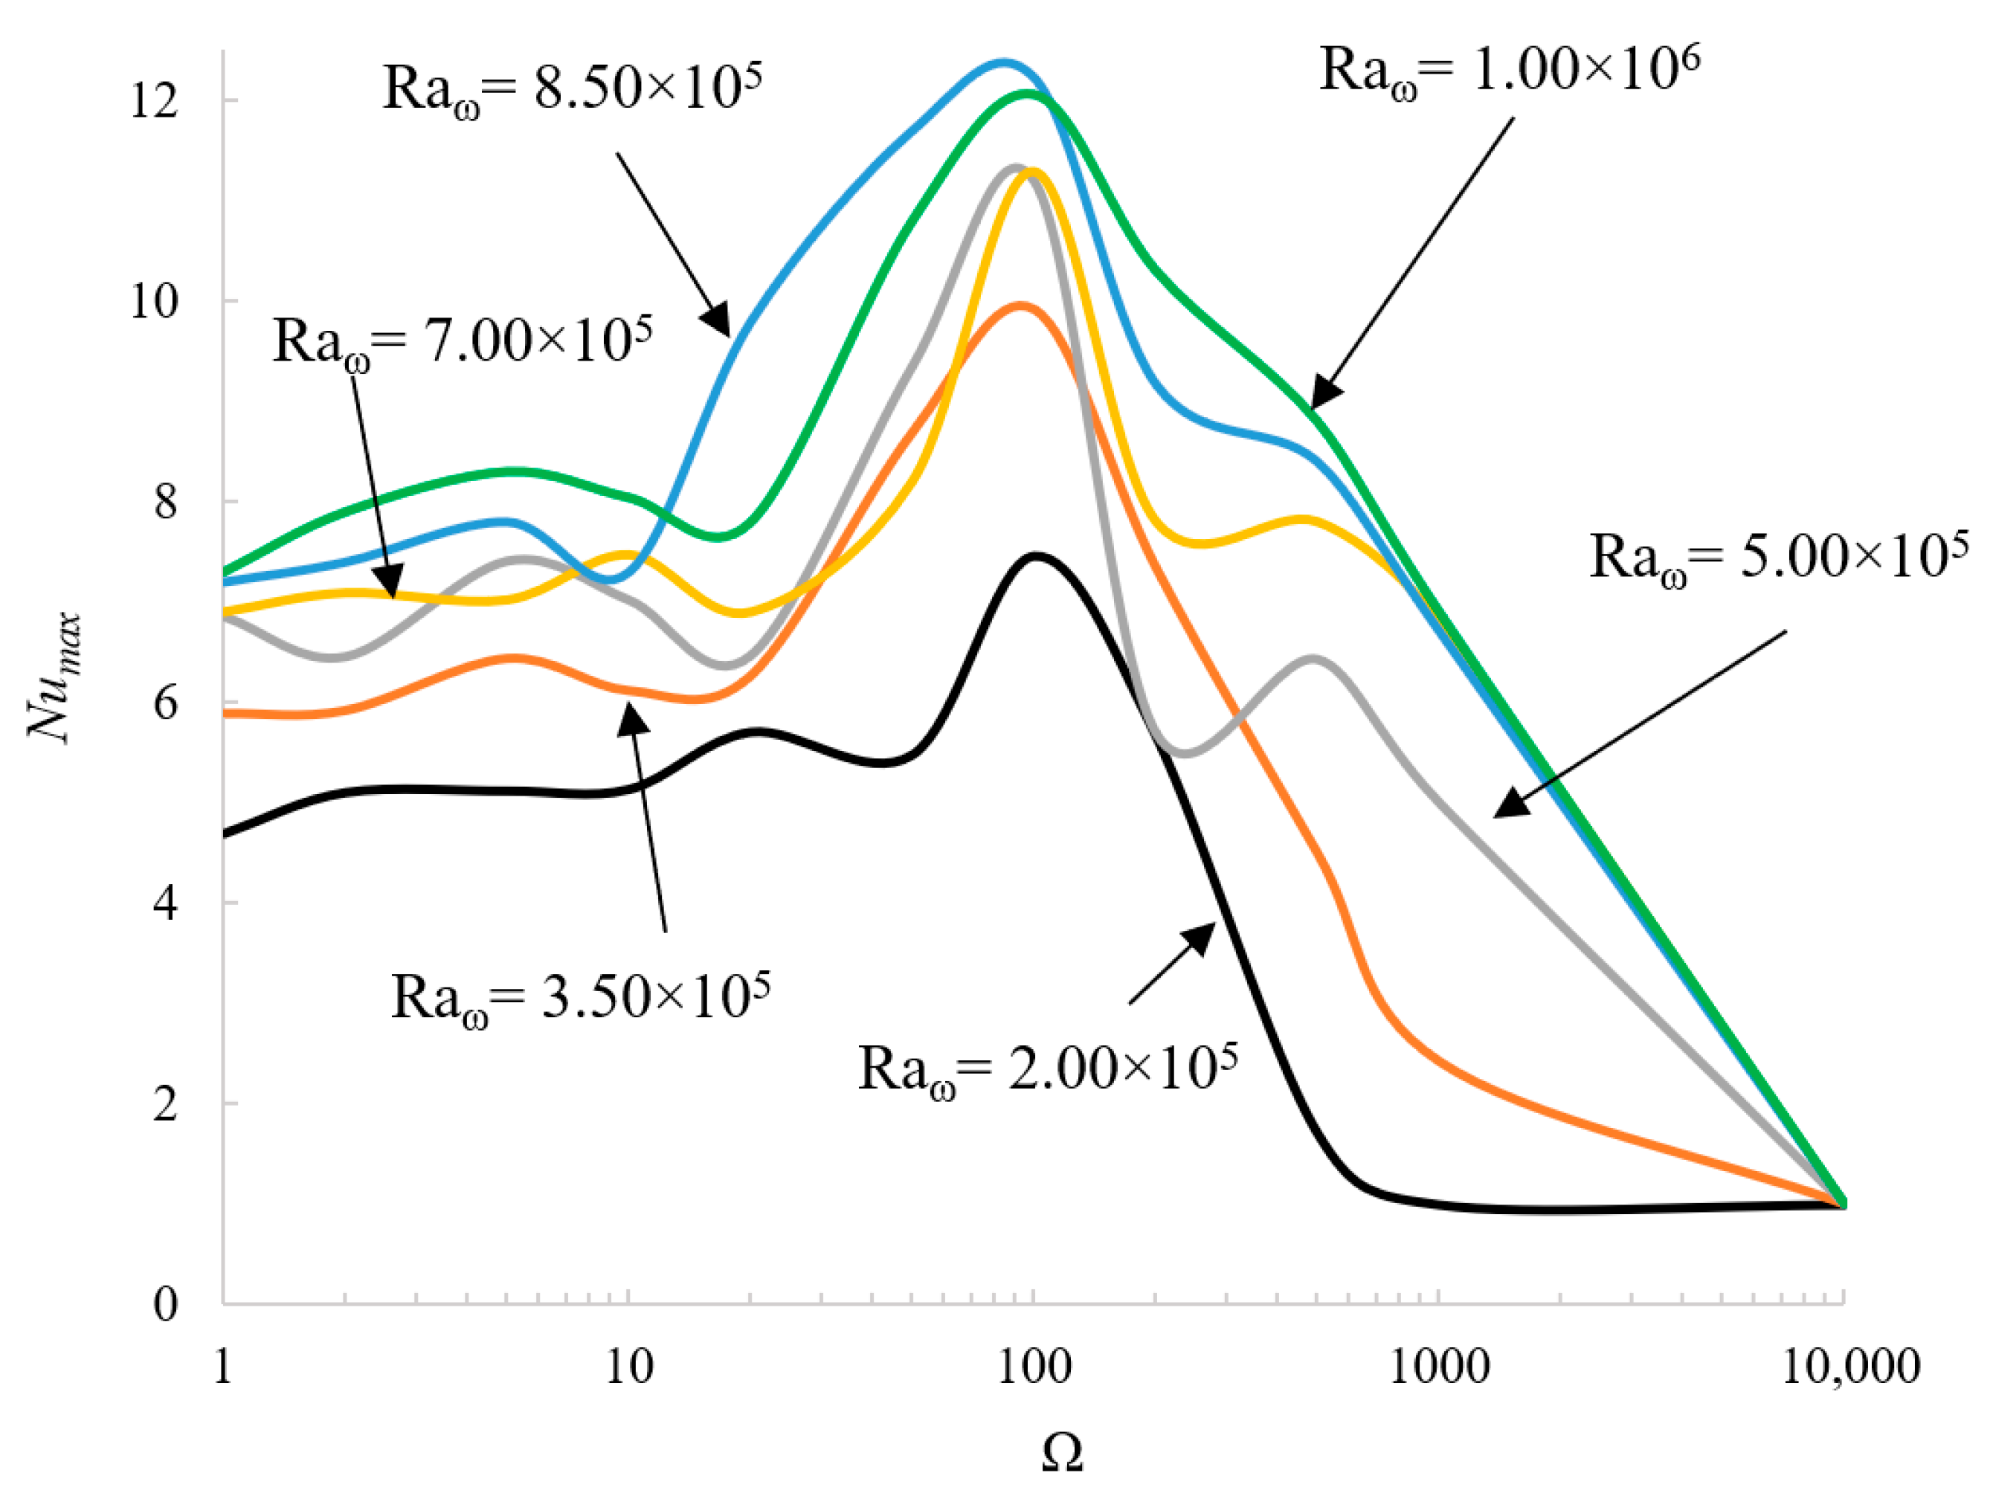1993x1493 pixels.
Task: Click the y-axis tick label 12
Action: click(154, 100)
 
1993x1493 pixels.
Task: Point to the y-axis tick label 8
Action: click(166, 501)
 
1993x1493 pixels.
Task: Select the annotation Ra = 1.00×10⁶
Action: click(1509, 71)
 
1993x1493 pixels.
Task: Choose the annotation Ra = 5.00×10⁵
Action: click(1777, 558)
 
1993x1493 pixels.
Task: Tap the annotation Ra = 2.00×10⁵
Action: click(1048, 1069)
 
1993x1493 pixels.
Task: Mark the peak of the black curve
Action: click(1036, 556)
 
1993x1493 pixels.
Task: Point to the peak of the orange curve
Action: click(1020, 305)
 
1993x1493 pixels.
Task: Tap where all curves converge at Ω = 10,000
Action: click(1843, 1204)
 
